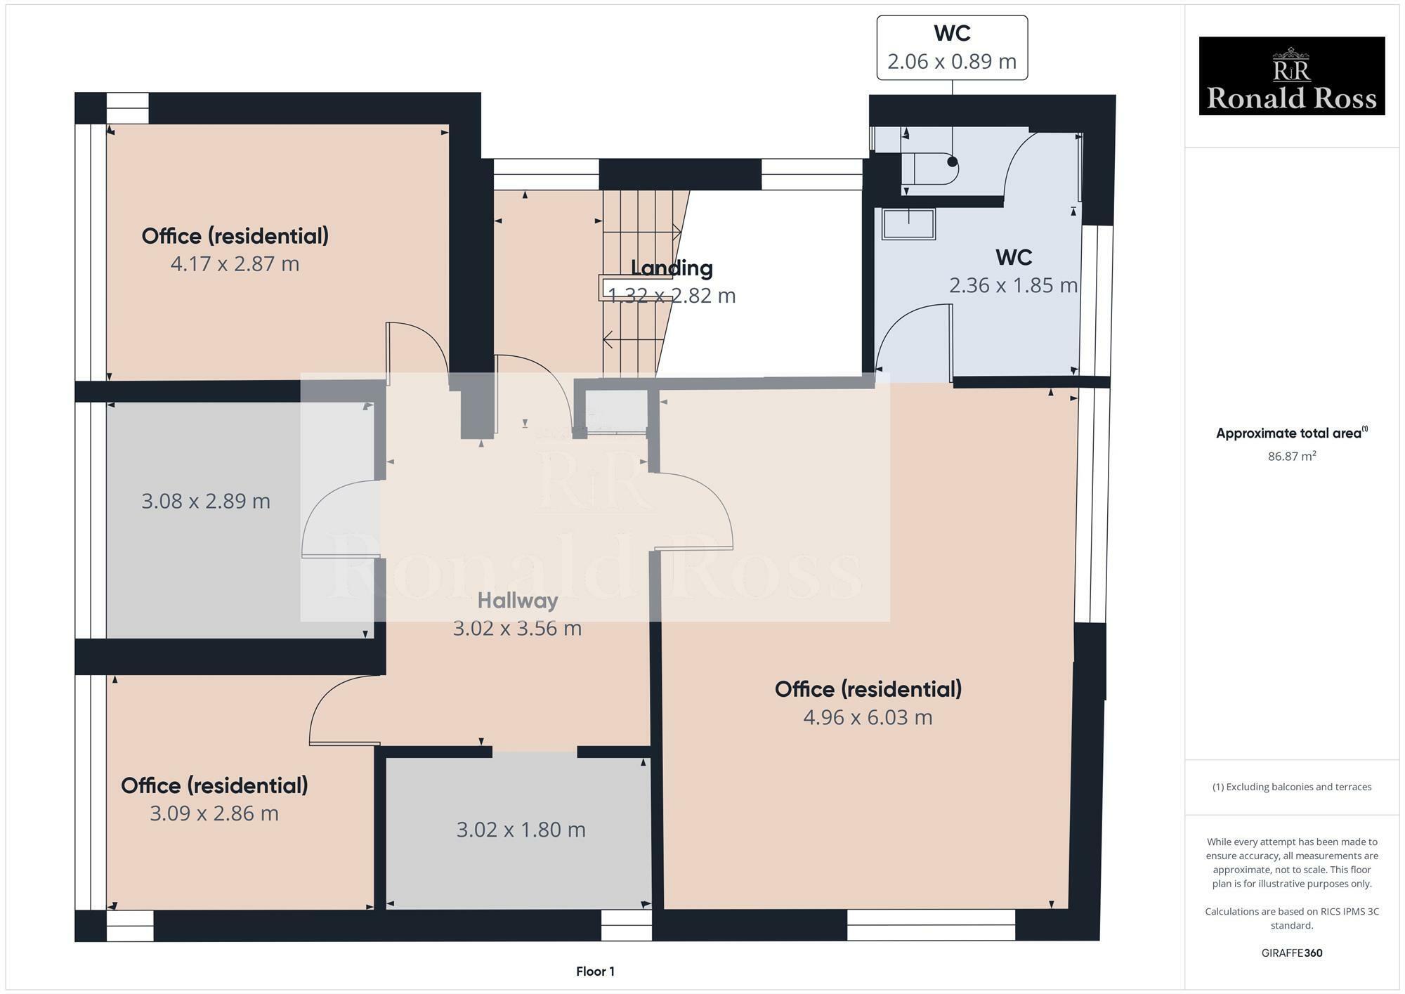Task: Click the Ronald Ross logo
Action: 1291,76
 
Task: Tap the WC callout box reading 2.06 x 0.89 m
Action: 952,48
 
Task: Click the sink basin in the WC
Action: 908,223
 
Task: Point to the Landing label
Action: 672,268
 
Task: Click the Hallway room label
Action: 518,601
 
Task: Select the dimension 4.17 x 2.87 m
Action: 235,264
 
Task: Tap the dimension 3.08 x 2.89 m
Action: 206,502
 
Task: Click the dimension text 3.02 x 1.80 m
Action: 521,830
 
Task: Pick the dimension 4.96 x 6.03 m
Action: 868,717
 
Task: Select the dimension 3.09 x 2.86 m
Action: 214,813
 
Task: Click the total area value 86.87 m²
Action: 1291,456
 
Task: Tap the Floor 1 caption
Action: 595,972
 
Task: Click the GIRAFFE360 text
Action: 1291,953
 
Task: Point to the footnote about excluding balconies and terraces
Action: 1291,787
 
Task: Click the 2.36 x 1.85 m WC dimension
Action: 1013,286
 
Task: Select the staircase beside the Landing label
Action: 632,281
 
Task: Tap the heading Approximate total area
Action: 1291,433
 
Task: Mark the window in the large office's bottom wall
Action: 931,924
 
